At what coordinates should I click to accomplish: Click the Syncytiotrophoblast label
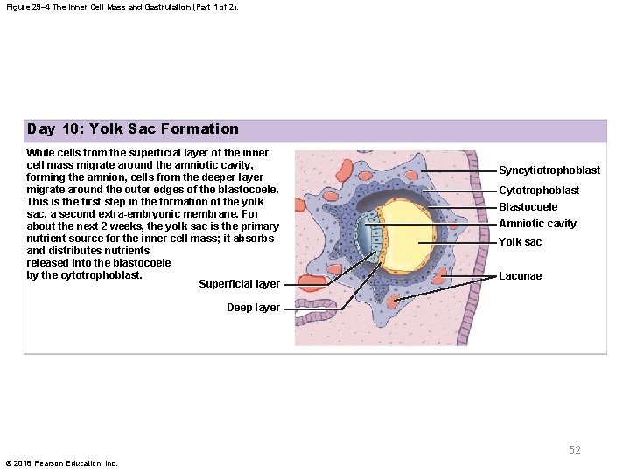549,170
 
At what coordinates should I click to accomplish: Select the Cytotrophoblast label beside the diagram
539,191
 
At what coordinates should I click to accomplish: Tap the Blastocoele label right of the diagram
528,207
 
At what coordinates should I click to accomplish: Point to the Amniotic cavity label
537,224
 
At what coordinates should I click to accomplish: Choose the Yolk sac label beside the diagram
520,242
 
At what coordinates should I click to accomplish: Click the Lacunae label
520,276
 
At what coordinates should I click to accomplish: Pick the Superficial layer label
239,284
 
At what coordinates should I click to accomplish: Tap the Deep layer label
253,308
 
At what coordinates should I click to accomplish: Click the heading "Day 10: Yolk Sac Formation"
132,129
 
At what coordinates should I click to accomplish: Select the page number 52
574,450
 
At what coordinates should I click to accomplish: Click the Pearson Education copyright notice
61,463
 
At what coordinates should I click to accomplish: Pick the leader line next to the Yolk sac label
455,243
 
